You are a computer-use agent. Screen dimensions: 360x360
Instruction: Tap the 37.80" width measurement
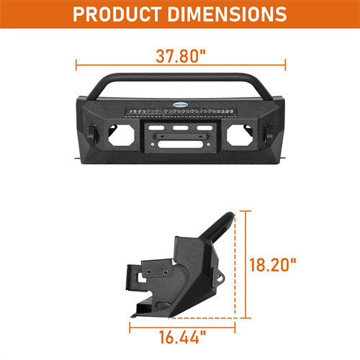pos(179,55)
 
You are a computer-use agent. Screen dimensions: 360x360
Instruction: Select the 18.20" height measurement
pos(274,264)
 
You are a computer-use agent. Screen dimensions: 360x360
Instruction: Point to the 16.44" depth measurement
pos(181,336)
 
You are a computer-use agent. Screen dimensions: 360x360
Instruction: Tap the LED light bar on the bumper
pos(180,113)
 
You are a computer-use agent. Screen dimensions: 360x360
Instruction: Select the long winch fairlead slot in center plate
pos(180,142)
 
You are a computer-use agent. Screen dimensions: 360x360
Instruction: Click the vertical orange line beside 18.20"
pos(248,264)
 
